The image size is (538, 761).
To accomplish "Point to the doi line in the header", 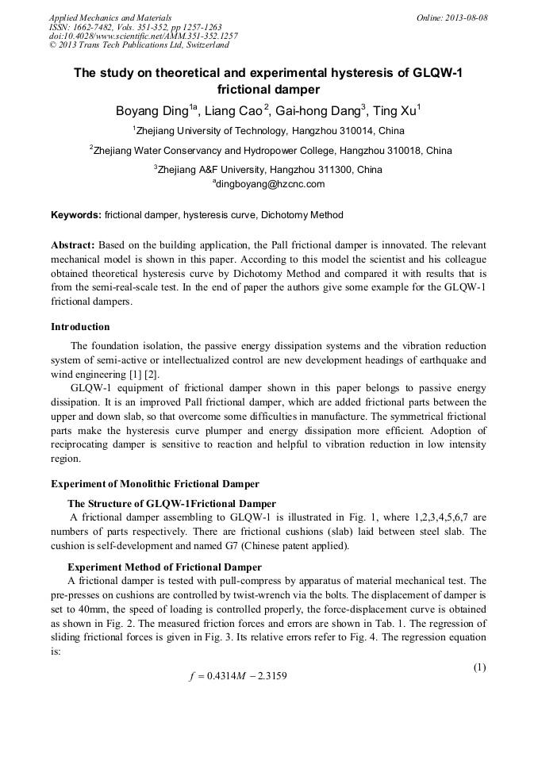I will pyautogui.click(x=143, y=36).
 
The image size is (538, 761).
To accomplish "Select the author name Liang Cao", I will pyautogui.click(x=235, y=111).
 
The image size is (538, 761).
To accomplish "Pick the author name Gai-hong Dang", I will pyautogui.click(x=317, y=111).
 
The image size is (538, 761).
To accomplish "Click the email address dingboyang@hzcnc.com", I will pyautogui.click(x=271, y=184).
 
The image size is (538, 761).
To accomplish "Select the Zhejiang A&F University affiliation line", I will pyautogui.click(x=268, y=169).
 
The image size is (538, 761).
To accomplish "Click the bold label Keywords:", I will pyautogui.click(x=76, y=215).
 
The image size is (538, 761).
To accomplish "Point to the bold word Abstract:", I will pyautogui.click(x=73, y=246).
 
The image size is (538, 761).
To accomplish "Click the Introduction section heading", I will pyautogui.click(x=80, y=327).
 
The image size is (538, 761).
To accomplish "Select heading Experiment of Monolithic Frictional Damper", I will pyautogui.click(x=155, y=484).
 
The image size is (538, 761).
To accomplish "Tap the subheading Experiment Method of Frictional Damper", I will pyautogui.click(x=164, y=567).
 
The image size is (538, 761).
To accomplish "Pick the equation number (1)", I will pyautogui.click(x=479, y=667).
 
